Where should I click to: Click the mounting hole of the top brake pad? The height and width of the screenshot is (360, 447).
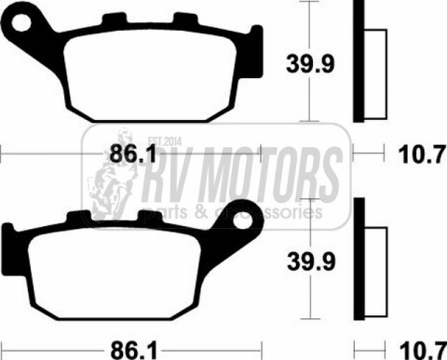pos(21,22)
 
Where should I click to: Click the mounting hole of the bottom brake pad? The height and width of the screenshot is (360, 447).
pos(242,220)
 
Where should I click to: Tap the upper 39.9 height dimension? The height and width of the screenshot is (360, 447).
pos(310,64)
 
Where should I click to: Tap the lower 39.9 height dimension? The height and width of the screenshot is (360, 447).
pos(311,261)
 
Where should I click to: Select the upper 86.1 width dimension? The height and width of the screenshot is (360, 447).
pos(133,154)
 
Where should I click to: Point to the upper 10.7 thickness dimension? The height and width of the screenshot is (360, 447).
pos(422,154)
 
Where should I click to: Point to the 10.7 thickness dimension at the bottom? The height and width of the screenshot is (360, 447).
pos(422,351)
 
